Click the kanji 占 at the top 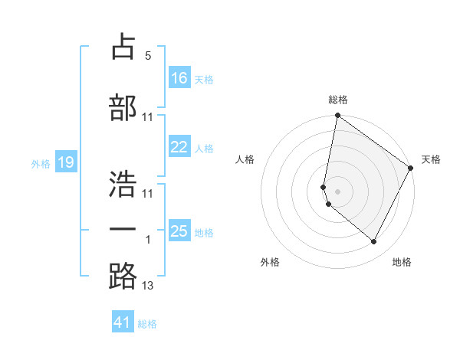[x=123, y=47]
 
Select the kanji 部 [x=123, y=108]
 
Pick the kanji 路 [x=123, y=277]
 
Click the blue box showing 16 [x=179, y=78]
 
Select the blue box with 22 [x=179, y=147]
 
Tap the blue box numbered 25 [x=179, y=231]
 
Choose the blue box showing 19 [x=65, y=162]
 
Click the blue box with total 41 [x=123, y=322]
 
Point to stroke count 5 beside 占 [x=148, y=56]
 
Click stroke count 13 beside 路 [x=148, y=286]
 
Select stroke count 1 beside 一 [x=148, y=240]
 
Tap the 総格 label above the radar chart [x=338, y=100]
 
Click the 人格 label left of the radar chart [x=245, y=159]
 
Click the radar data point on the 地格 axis [x=374, y=242]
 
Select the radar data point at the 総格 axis [x=337, y=116]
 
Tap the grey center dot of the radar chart [x=337, y=191]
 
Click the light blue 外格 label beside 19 [x=40, y=163]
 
